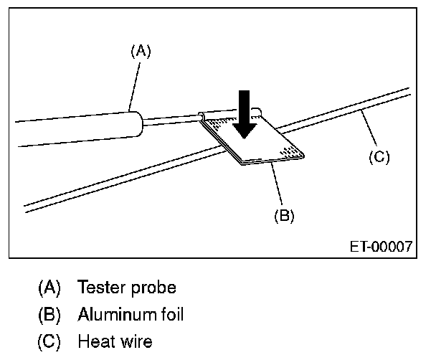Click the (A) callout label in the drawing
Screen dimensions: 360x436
click(141, 51)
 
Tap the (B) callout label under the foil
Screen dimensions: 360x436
click(284, 215)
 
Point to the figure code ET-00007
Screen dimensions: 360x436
click(380, 246)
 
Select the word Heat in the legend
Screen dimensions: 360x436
click(94, 341)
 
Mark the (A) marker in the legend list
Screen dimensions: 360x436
click(49, 288)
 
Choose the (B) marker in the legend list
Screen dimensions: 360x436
click(49, 314)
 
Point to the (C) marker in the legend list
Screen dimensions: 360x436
click(49, 341)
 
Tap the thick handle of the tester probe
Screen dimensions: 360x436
click(79, 128)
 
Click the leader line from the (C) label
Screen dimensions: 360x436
click(370, 131)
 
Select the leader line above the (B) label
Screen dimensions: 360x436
click(278, 186)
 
